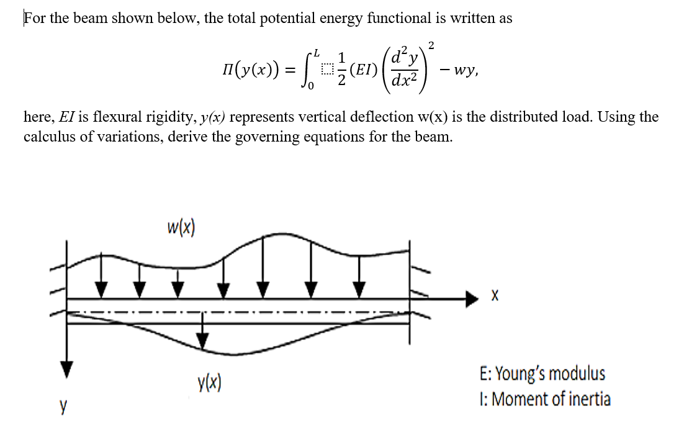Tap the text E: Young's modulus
click(542, 374)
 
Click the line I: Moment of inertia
click(545, 399)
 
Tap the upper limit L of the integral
click(318, 49)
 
